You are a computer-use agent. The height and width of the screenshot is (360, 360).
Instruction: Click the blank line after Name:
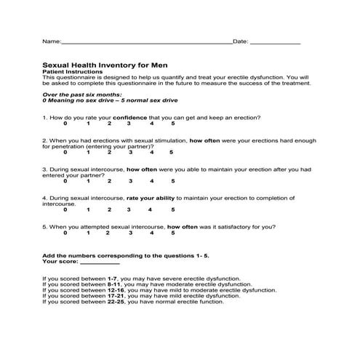pyautogui.click(x=145, y=44)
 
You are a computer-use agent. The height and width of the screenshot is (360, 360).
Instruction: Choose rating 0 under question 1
pyautogui.click(x=65, y=124)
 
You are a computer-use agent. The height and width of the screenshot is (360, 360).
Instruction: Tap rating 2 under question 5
pyautogui.click(x=108, y=233)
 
